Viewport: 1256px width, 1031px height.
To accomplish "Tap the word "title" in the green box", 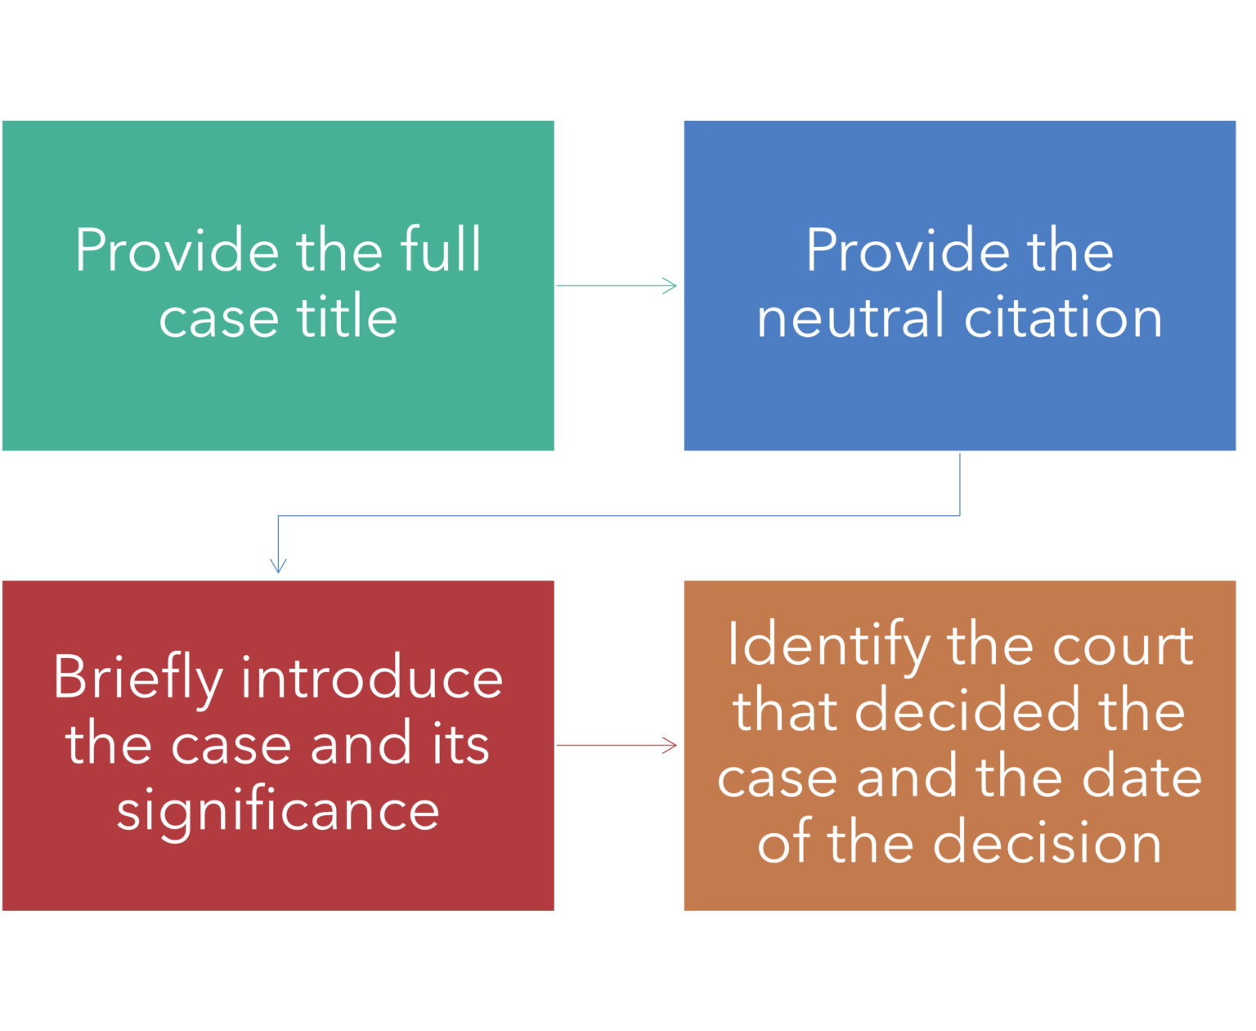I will pyautogui.click(x=347, y=317).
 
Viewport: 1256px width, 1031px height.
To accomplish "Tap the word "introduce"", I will pyautogui.click(x=371, y=679).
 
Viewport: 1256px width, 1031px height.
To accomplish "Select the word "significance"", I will pyautogui.click(x=278, y=811).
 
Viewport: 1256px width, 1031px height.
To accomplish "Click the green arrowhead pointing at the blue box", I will pyautogui.click(x=671, y=285).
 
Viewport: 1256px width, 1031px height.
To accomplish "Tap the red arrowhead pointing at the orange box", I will pyautogui.click(x=671, y=745).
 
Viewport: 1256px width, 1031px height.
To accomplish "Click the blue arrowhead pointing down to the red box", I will pyautogui.click(x=279, y=566).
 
